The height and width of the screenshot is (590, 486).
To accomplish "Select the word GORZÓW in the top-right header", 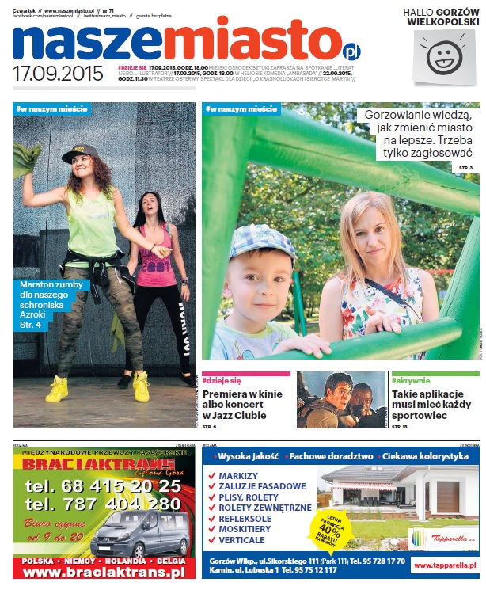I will pos(454,12).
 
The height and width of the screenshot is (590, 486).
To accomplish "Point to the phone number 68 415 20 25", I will pos(102,485).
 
